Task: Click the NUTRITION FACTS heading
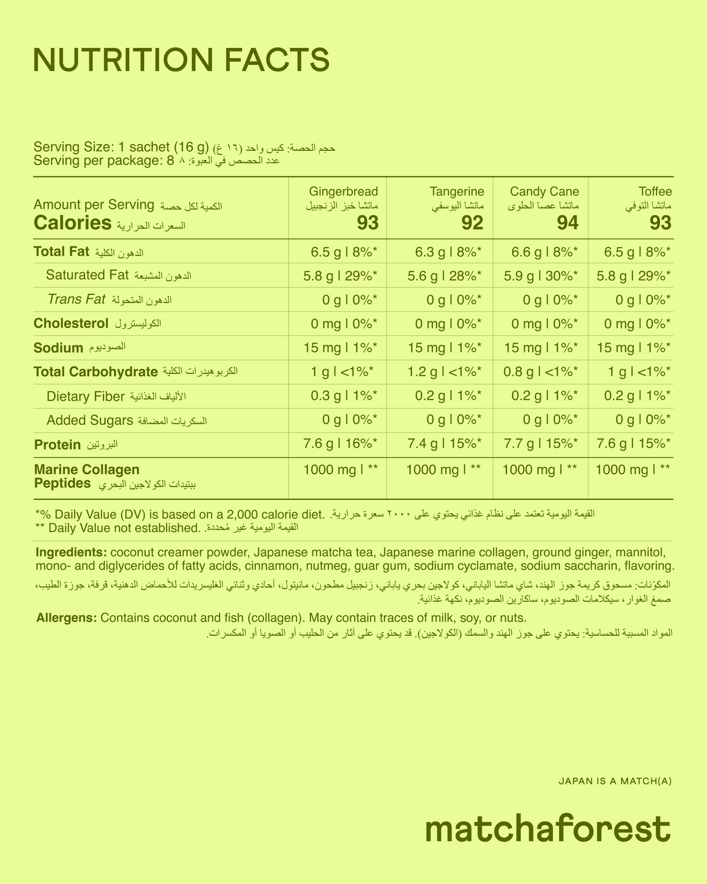click(181, 61)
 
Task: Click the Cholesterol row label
click(71, 324)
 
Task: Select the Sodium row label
click(58, 348)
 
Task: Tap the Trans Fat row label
click(76, 299)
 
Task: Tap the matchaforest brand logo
click(547, 829)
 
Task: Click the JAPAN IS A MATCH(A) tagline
click(614, 781)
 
